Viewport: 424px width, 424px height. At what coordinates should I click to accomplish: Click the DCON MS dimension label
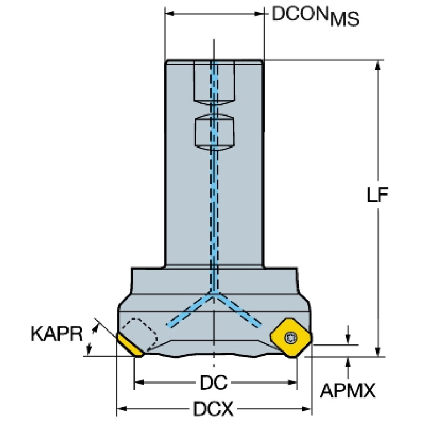click(x=315, y=15)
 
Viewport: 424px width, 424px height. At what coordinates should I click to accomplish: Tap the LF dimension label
click(x=378, y=194)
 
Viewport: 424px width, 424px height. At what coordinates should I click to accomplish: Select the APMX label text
click(x=348, y=390)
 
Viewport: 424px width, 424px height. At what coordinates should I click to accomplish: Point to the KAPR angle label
click(x=56, y=334)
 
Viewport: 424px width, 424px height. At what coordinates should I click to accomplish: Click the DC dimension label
click(x=213, y=383)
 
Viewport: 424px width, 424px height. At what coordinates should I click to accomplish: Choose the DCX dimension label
click(x=213, y=409)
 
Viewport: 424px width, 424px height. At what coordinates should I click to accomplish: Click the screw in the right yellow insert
click(x=291, y=337)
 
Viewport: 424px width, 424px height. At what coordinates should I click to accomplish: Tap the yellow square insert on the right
click(x=291, y=338)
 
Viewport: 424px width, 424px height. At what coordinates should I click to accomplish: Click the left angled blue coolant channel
click(x=189, y=311)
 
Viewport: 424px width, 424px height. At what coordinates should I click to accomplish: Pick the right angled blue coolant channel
click(x=238, y=311)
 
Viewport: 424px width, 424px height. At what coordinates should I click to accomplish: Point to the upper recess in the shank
click(x=214, y=82)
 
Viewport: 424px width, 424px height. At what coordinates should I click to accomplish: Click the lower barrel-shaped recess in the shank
click(x=214, y=132)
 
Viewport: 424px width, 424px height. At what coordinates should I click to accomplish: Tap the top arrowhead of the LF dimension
click(x=378, y=65)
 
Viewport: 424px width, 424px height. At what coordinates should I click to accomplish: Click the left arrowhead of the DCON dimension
click(x=170, y=13)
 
